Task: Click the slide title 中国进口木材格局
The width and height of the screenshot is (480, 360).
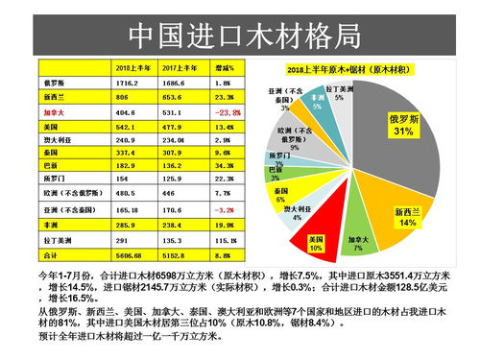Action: pyautogui.click(x=245, y=36)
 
